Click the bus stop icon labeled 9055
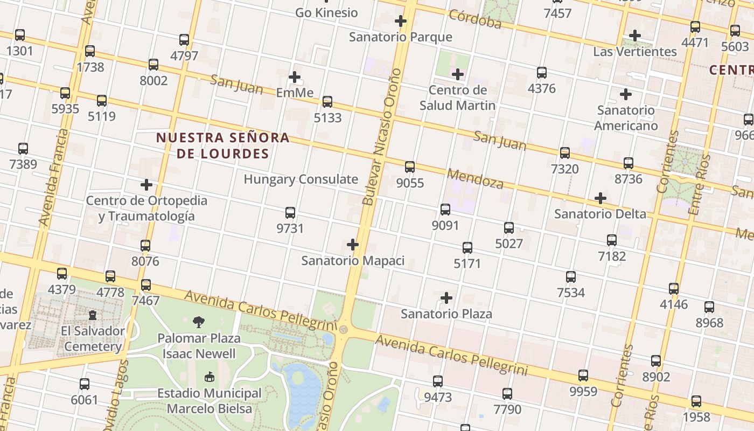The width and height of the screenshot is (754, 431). [410, 167]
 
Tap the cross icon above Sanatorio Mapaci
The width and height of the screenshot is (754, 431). [353, 245]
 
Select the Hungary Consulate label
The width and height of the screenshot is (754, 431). [301, 179]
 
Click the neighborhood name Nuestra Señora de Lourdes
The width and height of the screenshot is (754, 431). [223, 145]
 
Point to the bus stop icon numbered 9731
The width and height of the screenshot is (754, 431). [290, 213]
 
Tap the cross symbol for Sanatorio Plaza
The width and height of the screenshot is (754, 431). [446, 298]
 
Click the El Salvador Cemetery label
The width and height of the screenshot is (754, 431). [93, 338]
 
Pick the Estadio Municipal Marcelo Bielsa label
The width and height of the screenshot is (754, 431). [209, 401]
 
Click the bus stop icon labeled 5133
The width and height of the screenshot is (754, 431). [327, 102]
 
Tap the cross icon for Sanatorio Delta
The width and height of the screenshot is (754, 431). [601, 198]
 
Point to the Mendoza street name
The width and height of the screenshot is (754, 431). [475, 178]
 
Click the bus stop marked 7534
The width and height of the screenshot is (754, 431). [571, 277]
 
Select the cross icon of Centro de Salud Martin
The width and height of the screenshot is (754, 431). [458, 74]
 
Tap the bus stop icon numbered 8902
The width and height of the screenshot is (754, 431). [656, 361]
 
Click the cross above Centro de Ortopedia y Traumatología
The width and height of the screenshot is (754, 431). [146, 185]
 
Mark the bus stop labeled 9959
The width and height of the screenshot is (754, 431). [583, 376]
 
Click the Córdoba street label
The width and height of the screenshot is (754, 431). [475, 19]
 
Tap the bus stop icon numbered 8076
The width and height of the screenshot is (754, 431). [145, 246]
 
